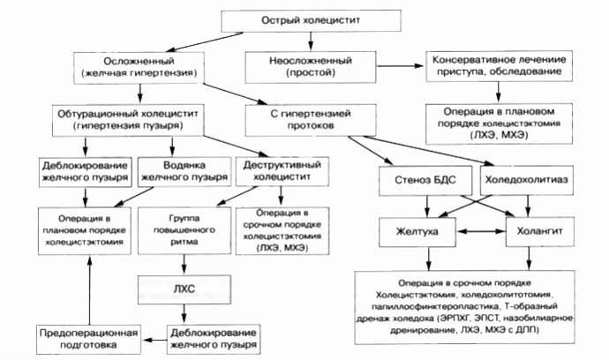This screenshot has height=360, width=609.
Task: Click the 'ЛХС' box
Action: (x=184, y=287)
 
